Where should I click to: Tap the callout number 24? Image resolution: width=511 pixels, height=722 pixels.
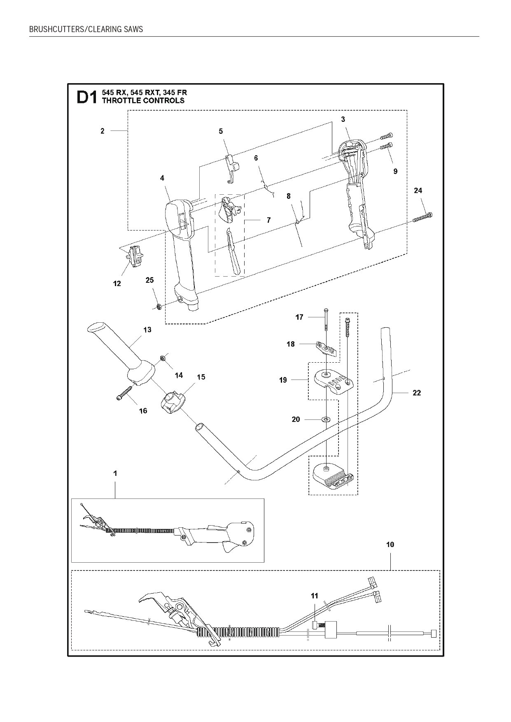pyautogui.click(x=418, y=191)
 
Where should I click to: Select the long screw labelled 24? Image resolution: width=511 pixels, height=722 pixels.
pyautogui.click(x=422, y=218)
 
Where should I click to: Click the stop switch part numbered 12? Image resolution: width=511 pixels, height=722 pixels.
pyautogui.click(x=136, y=256)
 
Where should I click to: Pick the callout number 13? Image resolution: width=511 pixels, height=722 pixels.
pyautogui.click(x=147, y=330)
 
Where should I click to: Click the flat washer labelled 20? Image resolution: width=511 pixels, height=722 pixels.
pyautogui.click(x=326, y=419)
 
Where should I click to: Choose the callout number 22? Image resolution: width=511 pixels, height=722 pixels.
pyautogui.click(x=417, y=393)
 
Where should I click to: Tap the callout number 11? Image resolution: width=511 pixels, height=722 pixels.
pyautogui.click(x=315, y=596)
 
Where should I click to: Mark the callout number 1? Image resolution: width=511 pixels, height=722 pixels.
pyautogui.click(x=115, y=473)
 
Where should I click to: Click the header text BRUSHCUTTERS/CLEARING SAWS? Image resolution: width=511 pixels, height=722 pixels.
pyautogui.click(x=86, y=29)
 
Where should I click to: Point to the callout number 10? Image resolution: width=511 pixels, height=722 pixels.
pyautogui.click(x=390, y=544)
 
